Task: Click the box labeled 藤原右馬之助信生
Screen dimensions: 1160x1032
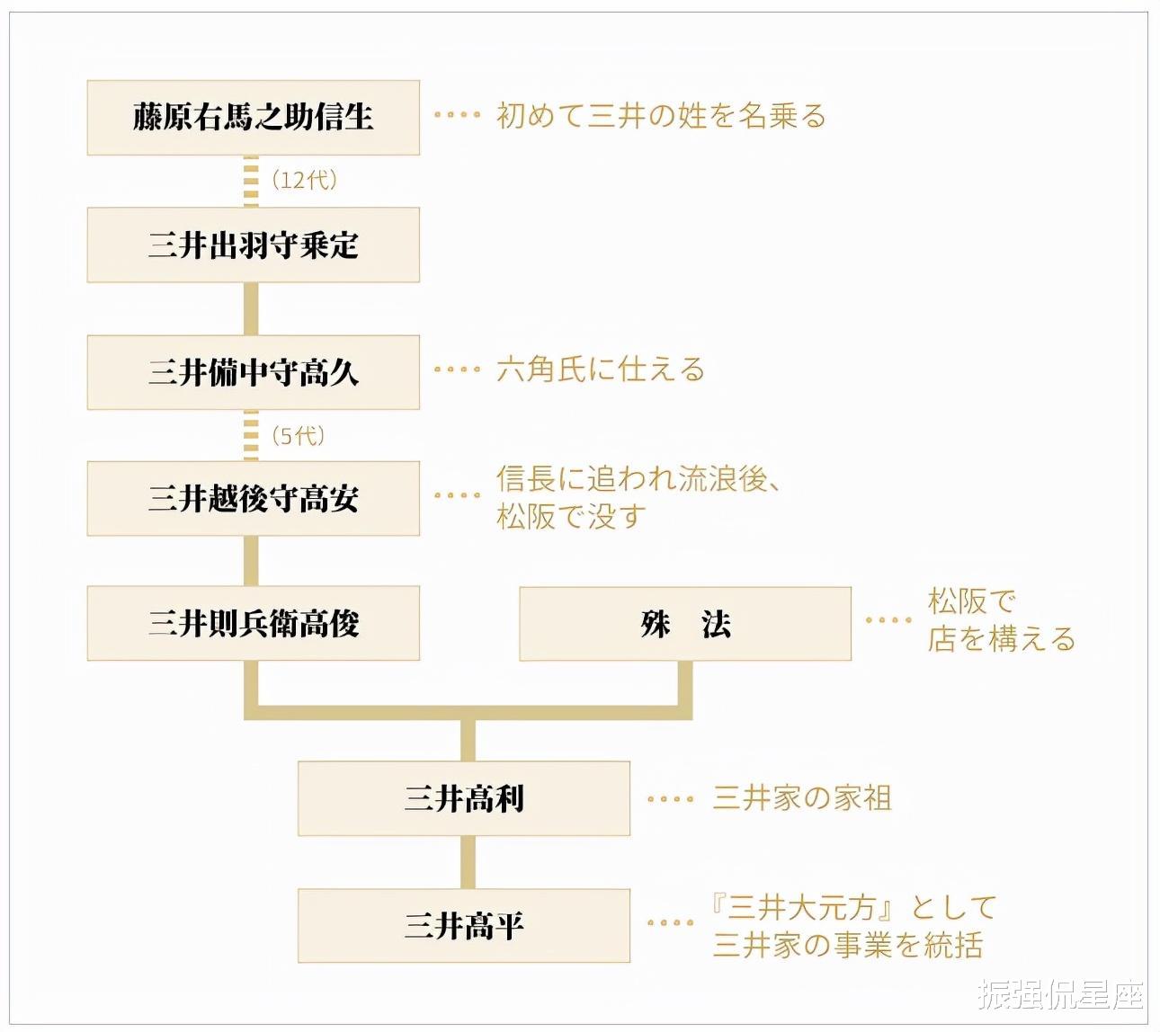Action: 253,118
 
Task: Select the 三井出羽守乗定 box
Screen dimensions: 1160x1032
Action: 253,245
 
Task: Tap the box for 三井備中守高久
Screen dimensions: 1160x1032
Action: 253,373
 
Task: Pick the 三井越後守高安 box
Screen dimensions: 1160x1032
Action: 253,499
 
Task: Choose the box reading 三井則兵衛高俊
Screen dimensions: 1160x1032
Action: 253,623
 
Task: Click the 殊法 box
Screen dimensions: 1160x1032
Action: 685,624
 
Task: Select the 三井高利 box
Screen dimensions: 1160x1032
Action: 464,798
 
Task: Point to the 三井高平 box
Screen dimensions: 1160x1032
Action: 464,926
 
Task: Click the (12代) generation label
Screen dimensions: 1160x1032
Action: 304,181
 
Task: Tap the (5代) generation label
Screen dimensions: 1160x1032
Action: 298,436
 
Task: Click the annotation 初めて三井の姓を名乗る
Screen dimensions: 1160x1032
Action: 661,116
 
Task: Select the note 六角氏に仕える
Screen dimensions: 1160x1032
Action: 600,369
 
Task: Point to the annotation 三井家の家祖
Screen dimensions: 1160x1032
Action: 802,798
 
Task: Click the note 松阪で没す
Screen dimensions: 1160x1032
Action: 571,516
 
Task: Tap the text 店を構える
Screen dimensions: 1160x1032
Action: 1002,639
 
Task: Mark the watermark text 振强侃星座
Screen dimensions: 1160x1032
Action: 1060,994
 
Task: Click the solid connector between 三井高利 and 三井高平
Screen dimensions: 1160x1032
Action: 468,862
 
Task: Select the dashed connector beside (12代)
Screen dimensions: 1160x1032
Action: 251,182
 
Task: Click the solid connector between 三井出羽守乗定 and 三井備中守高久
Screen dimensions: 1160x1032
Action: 251,309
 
